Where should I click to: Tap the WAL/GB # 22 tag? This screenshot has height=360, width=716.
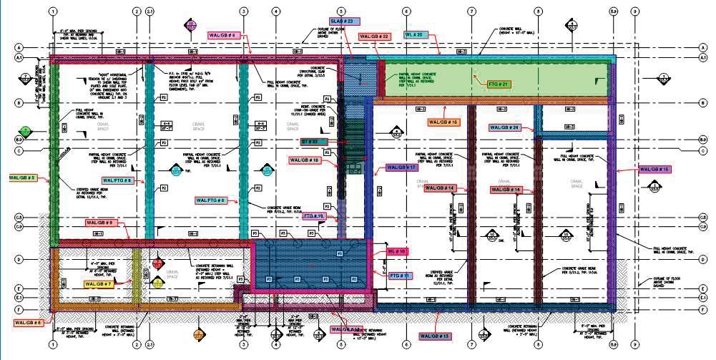click(x=374, y=36)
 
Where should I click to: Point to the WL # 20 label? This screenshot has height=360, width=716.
click(x=417, y=34)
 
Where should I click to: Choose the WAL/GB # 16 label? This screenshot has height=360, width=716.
click(x=443, y=122)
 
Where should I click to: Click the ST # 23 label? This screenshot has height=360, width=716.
click(x=314, y=142)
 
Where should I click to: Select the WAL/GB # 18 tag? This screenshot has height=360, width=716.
click(x=306, y=160)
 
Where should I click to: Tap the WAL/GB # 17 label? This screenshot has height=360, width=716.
click(x=401, y=167)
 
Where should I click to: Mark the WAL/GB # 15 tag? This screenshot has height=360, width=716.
click(x=655, y=169)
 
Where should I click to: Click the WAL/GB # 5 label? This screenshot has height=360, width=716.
click(x=22, y=176)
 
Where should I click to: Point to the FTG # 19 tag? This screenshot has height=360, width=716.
click(x=314, y=215)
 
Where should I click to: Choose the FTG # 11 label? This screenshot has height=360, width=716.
click(x=400, y=275)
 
